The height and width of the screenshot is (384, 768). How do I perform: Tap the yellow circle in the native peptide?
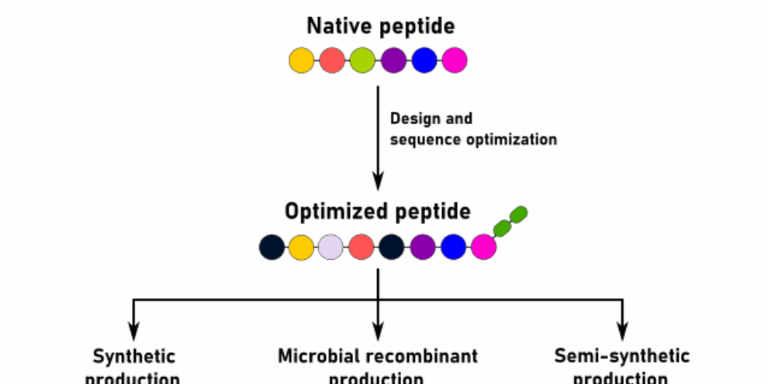point(302,61)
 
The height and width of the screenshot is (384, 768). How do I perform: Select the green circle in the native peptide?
point(362,61)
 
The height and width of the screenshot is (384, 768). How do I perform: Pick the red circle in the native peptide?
point(332,61)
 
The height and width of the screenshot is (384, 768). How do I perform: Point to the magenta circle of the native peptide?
point(455,61)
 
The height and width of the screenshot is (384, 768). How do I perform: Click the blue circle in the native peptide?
point(424,61)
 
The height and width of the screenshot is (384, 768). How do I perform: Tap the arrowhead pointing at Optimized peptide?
point(378,184)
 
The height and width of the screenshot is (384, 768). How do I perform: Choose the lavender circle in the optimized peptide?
point(331,247)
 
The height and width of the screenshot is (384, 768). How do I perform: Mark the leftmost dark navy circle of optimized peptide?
point(272,247)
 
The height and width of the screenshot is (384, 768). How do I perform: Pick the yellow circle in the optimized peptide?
point(301,247)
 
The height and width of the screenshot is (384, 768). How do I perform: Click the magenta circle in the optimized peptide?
point(483,247)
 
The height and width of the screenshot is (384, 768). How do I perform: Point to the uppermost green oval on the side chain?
point(519,213)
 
